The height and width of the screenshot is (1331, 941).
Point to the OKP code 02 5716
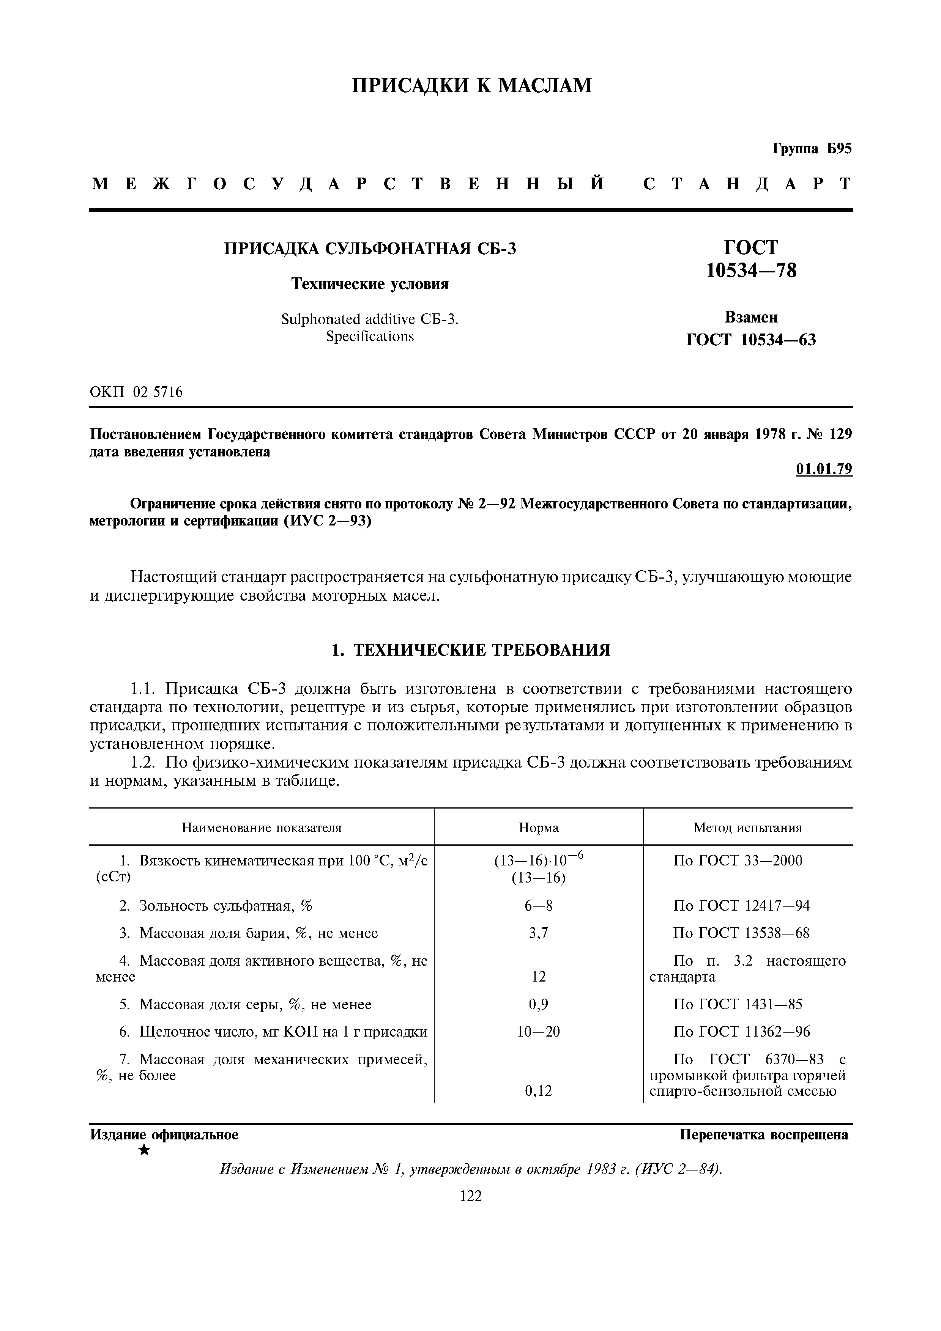pyautogui.click(x=157, y=392)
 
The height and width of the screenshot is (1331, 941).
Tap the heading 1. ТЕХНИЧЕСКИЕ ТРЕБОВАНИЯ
pyautogui.click(x=471, y=650)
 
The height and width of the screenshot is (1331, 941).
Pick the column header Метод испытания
pyautogui.click(x=747, y=828)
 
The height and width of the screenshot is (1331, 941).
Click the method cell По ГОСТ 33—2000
pyautogui.click(x=738, y=861)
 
